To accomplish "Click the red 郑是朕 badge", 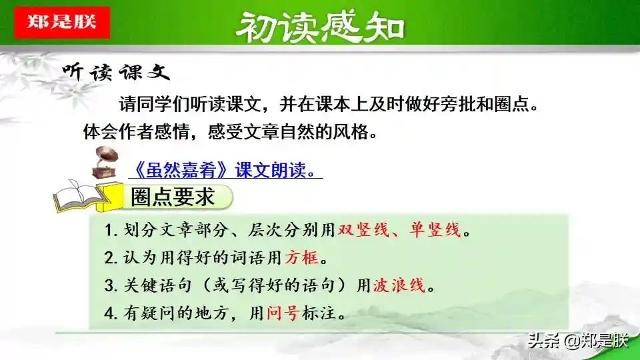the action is pos(61,23).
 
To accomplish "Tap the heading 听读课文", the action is pos(116,72).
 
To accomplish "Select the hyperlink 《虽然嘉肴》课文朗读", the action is pos(225,170).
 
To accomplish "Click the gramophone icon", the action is pos(105,163).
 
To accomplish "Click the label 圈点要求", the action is pos(173,197).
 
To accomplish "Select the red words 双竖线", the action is pos(364,230).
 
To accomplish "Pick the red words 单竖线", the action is pos(435,230).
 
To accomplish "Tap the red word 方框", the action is pos(301,257).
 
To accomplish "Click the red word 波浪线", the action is pos(399,285).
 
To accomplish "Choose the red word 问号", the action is pos(283,313).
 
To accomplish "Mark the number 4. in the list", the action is pos(111,313).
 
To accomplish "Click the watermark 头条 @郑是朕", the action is pos(578,341).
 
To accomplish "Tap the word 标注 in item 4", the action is pos(319,313).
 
